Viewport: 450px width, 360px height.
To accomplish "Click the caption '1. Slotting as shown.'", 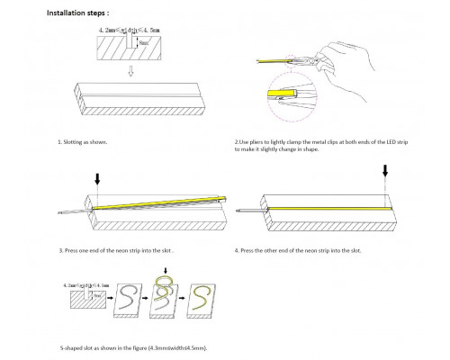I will coord(86,142).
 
